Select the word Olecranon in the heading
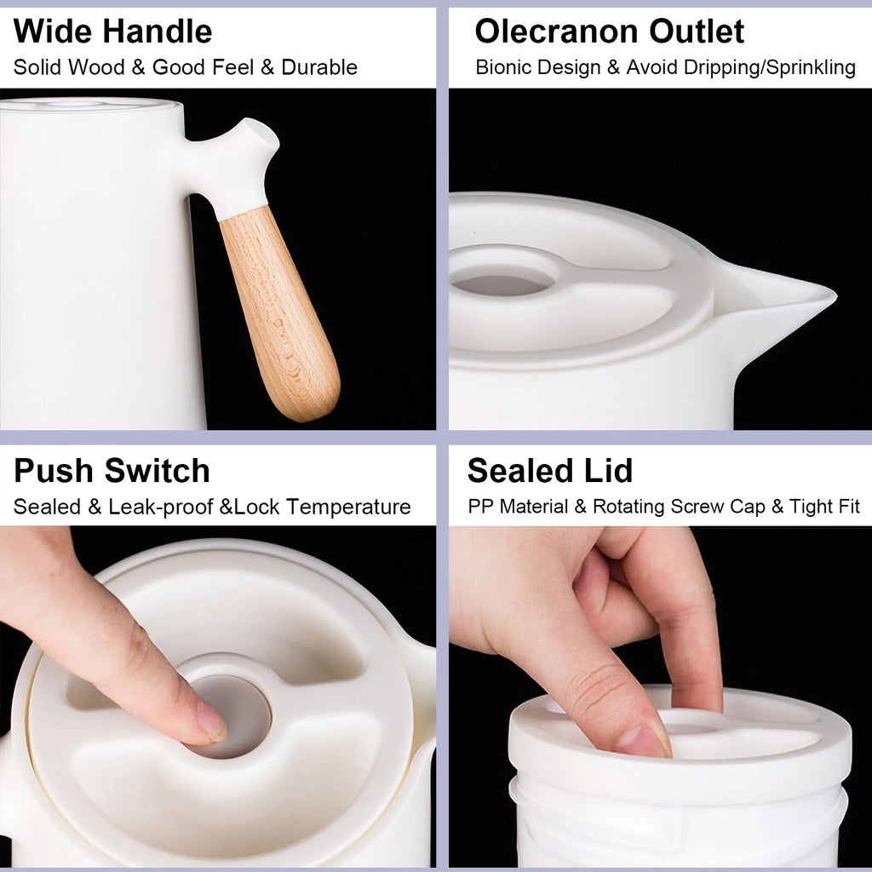pyautogui.click(x=557, y=32)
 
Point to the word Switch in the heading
pyautogui.click(x=158, y=471)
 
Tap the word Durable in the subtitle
pyautogui.click(x=319, y=67)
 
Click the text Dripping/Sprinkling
pyautogui.click(x=770, y=68)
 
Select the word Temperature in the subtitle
pyautogui.click(x=348, y=508)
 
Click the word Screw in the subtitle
pyautogui.click(x=697, y=507)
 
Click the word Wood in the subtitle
pyautogui.click(x=95, y=67)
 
